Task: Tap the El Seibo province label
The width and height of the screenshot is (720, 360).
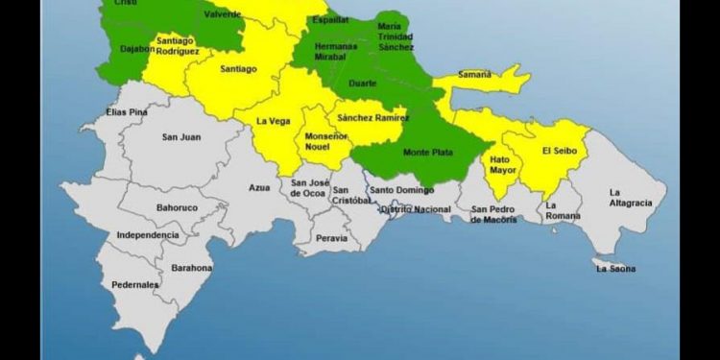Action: pyautogui.click(x=560, y=151)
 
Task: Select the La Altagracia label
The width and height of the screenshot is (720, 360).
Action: pyautogui.click(x=631, y=198)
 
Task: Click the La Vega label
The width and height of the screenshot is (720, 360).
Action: pyautogui.click(x=274, y=122)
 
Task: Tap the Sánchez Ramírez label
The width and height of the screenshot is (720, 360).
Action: pyautogui.click(x=372, y=118)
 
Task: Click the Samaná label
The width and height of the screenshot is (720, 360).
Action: pyautogui.click(x=474, y=74)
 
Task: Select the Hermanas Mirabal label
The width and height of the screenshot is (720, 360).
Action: pyautogui.click(x=336, y=51)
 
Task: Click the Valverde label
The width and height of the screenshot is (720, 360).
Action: pyautogui.click(x=223, y=13)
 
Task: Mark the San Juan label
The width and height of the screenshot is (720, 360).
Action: pyautogui.click(x=181, y=137)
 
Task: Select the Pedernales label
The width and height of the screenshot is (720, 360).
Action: pyautogui.click(x=134, y=286)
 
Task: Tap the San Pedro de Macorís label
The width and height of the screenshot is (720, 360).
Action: pyautogui.click(x=493, y=214)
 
